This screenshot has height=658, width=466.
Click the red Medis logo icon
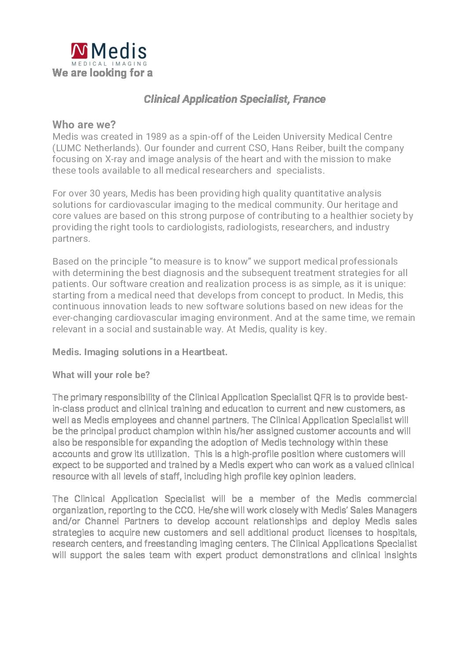(x=80, y=51)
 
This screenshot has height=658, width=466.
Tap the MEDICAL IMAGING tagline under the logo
(x=109, y=64)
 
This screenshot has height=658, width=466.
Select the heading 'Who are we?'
(x=84, y=125)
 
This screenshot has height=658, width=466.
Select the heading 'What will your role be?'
(x=101, y=375)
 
